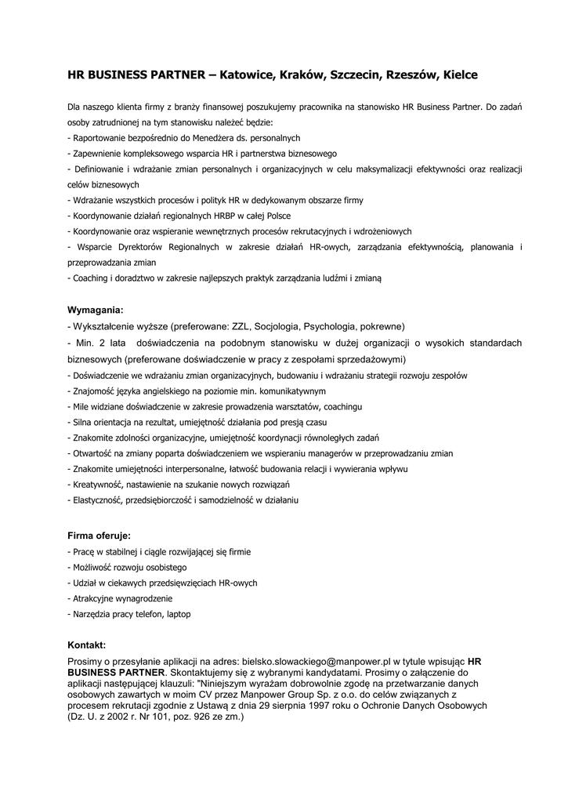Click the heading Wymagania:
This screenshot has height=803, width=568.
96,310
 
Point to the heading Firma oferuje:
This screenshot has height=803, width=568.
99,536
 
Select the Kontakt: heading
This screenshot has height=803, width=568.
92,645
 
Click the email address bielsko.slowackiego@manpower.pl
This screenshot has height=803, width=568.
317,662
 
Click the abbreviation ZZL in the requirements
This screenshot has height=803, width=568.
241,326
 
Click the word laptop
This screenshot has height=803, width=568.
178,614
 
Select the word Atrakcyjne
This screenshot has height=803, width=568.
92,598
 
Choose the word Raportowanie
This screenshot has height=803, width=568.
97,137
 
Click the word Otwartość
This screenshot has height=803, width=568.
92,453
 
